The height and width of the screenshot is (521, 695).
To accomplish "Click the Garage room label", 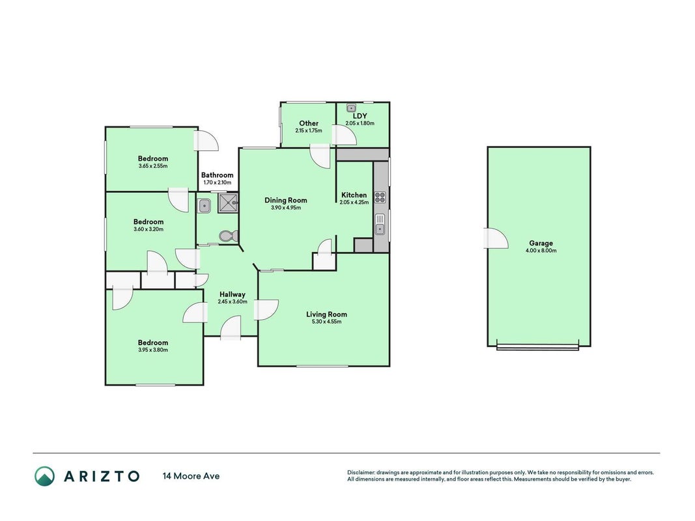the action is pos(541,243).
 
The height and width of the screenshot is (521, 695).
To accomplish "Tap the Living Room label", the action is pos(327,314).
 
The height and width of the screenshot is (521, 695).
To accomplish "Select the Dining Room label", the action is pos(286,200).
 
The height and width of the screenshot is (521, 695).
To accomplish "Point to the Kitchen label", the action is pos(354,195).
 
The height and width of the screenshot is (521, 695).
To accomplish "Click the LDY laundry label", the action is pos(360,116).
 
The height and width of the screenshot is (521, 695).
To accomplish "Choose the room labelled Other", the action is pos(309,123).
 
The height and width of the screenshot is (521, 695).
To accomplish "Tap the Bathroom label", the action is pos(217,175).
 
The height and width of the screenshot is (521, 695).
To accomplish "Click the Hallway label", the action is pos(233,294).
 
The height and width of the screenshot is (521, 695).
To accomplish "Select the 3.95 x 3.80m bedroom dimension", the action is pos(153,350).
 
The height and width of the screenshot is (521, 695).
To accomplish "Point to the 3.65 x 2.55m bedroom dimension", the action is pos(153,166).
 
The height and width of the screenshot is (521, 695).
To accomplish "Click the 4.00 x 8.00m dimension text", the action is pos(541,250).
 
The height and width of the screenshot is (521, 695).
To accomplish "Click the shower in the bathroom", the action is pos(228,203).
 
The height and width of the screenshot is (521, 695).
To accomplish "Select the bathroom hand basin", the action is pos(204,206).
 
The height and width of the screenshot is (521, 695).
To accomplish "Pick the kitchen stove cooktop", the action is pos(380,197).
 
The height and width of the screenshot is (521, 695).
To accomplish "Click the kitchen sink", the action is pos(380,224).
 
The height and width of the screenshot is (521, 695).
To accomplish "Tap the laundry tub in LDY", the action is pos(351,108).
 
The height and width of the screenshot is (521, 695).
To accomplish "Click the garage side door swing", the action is pos(496,238).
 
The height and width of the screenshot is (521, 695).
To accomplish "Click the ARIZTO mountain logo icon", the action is pos(45,476).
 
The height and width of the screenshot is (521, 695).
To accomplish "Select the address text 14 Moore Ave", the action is pos(191,476).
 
